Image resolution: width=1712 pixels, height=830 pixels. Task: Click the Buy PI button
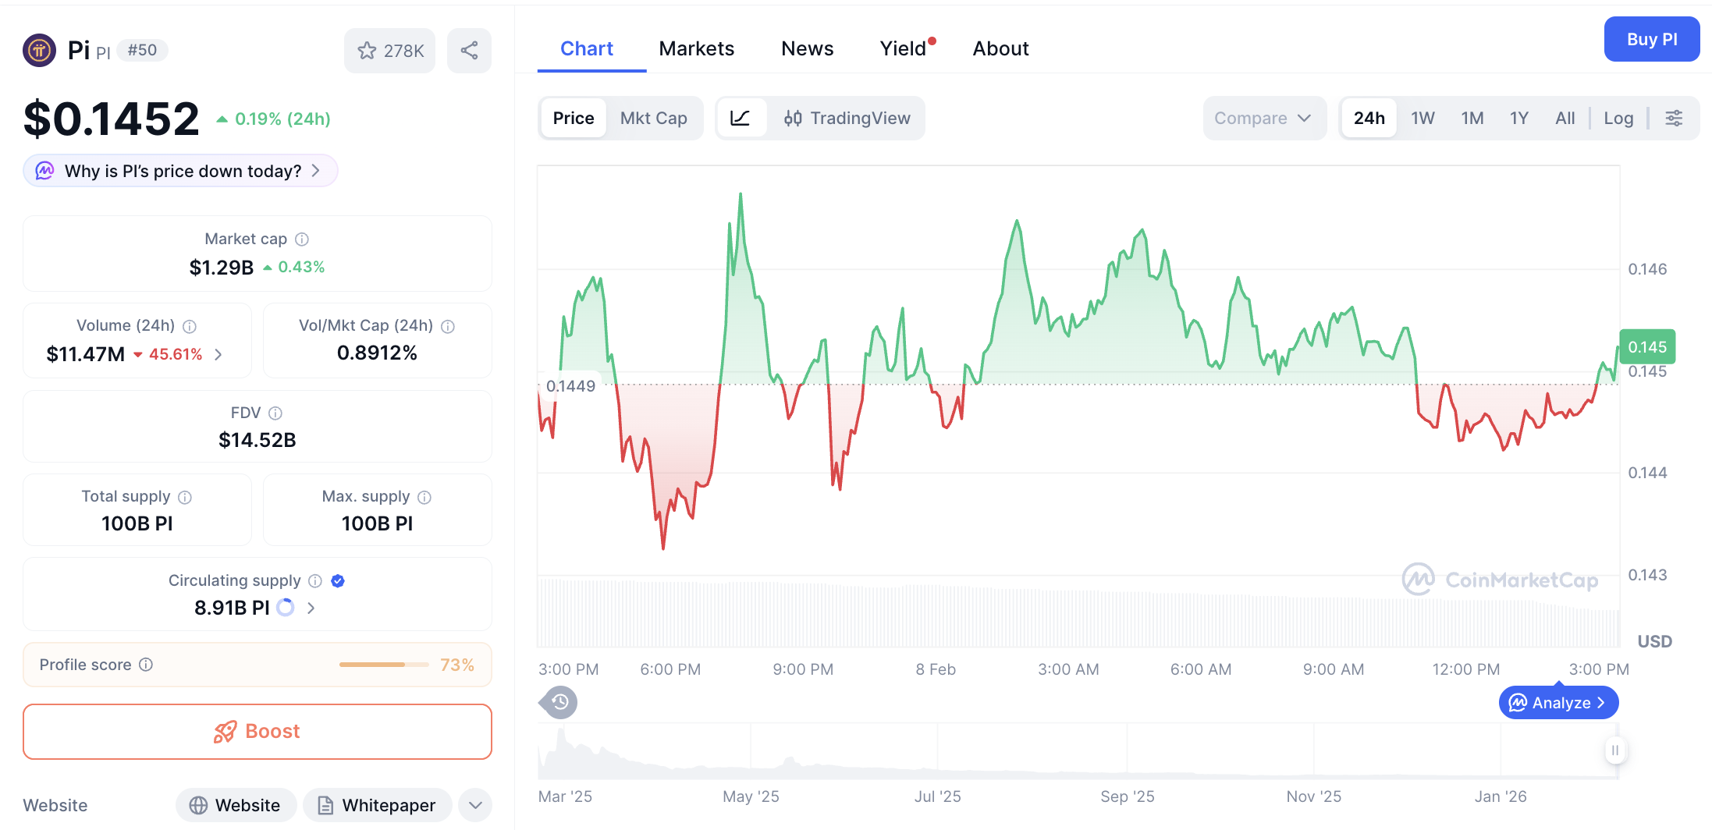[x=1651, y=40]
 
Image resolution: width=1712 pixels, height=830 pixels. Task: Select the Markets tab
[x=696, y=48]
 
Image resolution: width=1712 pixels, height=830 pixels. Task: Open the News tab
[x=807, y=48]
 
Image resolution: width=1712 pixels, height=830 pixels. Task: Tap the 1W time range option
[x=1422, y=118]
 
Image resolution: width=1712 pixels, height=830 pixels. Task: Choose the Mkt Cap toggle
[x=653, y=118]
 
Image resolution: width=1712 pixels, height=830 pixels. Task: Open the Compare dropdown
[x=1263, y=118]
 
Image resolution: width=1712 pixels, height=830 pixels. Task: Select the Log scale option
[x=1618, y=118]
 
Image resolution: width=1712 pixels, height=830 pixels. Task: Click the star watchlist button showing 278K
[x=390, y=51]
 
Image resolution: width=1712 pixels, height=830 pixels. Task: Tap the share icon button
[x=469, y=51]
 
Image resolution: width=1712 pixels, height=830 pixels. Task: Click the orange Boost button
[x=258, y=731]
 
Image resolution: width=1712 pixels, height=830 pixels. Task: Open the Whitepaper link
[x=378, y=805]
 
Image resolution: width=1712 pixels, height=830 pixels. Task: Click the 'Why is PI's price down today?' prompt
[x=181, y=171]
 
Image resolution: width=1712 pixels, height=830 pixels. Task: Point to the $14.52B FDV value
[x=258, y=440]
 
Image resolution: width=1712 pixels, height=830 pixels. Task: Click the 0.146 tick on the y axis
[x=1646, y=269]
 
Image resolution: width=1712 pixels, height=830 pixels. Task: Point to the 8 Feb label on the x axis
[x=935, y=669]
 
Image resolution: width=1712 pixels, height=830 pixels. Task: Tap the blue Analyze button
[x=1558, y=703]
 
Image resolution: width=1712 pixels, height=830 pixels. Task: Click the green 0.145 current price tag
[x=1646, y=347]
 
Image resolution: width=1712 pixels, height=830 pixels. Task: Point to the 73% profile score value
[x=456, y=665]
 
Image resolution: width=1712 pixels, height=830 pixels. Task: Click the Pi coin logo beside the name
[x=40, y=51]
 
